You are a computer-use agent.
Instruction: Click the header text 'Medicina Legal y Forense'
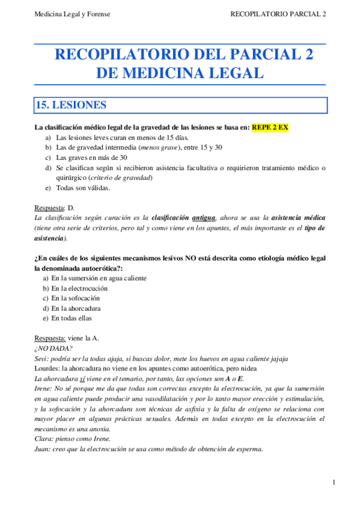[72, 14]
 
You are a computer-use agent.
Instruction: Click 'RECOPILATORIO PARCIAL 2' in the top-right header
[278, 14]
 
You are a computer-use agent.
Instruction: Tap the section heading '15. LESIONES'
[72, 105]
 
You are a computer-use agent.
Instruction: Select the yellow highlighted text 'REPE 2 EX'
[270, 127]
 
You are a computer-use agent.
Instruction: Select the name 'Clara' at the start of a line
[43, 439]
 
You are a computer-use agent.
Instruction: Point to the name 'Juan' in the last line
[42, 449]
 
